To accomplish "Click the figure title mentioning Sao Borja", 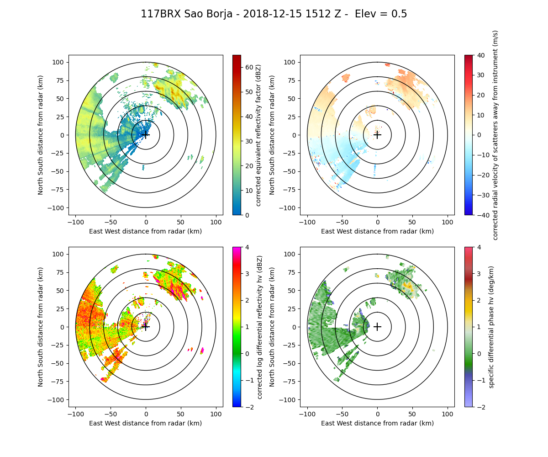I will point(274,14).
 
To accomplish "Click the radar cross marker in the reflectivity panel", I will point(146,135).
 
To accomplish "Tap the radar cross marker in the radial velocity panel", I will point(377,135).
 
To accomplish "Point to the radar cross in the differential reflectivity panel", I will point(146,327).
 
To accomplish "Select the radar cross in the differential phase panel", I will point(377,327).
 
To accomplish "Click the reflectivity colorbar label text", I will point(258,135).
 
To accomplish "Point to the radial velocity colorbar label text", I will point(495,135).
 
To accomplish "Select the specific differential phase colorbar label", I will point(491,327).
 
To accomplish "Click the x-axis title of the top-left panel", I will point(146,231).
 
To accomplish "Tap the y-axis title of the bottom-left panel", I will point(41,327).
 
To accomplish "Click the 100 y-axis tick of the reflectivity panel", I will point(60,62).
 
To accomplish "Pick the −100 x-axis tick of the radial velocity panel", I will point(307,222).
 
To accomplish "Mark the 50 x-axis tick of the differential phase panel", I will point(412,414).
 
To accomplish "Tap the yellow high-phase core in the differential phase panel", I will point(408,287).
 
